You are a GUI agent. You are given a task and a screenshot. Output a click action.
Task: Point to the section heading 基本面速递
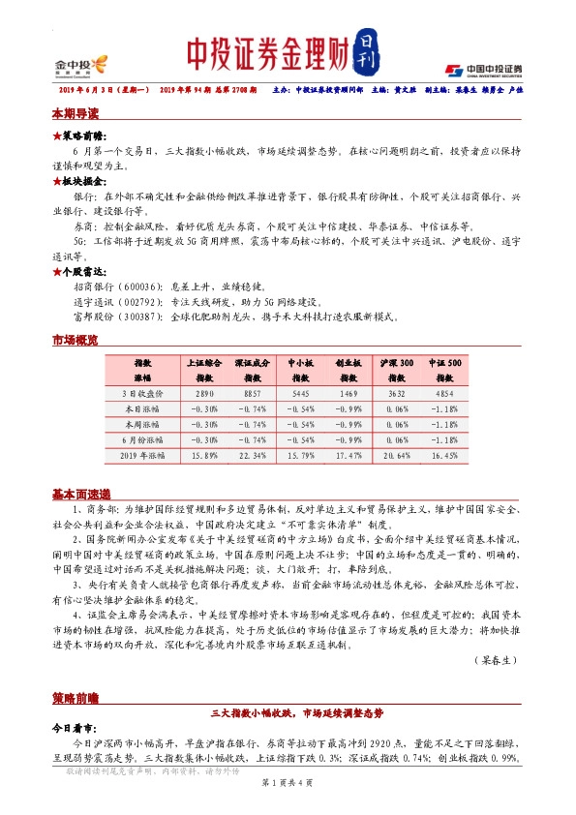click(x=81, y=493)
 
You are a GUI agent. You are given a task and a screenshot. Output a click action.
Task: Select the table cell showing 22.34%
click(x=252, y=454)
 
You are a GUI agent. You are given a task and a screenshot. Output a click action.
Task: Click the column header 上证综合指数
click(x=204, y=369)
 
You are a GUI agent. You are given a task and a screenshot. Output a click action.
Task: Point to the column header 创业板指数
click(x=349, y=369)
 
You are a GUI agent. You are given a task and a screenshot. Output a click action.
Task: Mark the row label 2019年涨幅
click(x=142, y=454)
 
